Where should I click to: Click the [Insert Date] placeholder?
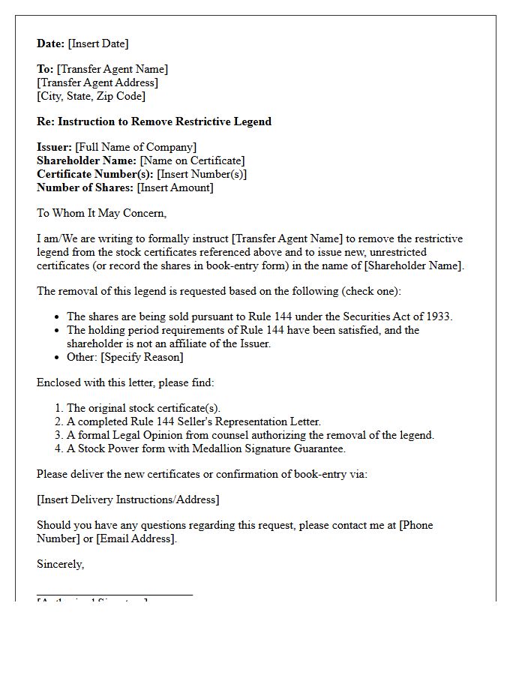click(x=98, y=43)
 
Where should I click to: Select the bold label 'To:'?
click(x=45, y=69)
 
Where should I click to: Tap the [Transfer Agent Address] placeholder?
click(x=97, y=82)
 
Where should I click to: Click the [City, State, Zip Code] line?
click(x=91, y=96)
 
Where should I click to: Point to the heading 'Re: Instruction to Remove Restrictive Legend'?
click(x=154, y=121)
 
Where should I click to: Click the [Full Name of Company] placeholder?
click(x=136, y=147)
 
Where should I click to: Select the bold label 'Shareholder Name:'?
click(x=86, y=160)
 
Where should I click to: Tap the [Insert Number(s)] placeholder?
click(x=202, y=174)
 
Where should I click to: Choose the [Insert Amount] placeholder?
click(x=175, y=187)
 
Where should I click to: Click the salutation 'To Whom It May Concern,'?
click(x=101, y=213)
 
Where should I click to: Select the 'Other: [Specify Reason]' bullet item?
click(x=124, y=357)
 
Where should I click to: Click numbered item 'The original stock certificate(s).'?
click(x=143, y=408)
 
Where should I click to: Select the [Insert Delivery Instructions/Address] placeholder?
click(x=128, y=499)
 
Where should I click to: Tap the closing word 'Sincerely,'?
click(x=61, y=564)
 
